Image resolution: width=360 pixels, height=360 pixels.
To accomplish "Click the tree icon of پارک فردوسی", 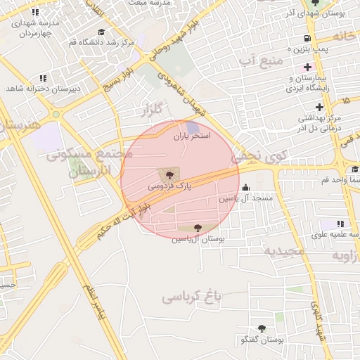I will pos(168,174).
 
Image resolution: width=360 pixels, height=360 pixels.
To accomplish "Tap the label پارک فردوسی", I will pos(169,186).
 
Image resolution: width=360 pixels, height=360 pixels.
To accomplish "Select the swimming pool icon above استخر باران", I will pos(193,125).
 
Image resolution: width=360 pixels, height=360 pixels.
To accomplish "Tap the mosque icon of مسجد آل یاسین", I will pos(245,188).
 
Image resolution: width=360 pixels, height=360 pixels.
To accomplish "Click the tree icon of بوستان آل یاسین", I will pos(197,228).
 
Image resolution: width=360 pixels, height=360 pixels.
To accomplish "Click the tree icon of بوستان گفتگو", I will pos(262,328).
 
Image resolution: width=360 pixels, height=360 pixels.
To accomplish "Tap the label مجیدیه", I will pos(284,250).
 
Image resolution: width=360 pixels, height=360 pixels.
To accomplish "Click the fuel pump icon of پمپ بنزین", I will pos(307,38).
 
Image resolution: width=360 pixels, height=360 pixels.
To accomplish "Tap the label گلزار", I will pos(151,110).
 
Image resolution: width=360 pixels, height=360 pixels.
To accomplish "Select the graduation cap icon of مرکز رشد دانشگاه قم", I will pos(101,32).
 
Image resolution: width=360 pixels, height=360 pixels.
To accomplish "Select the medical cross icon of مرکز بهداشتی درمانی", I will pos(320,107).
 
